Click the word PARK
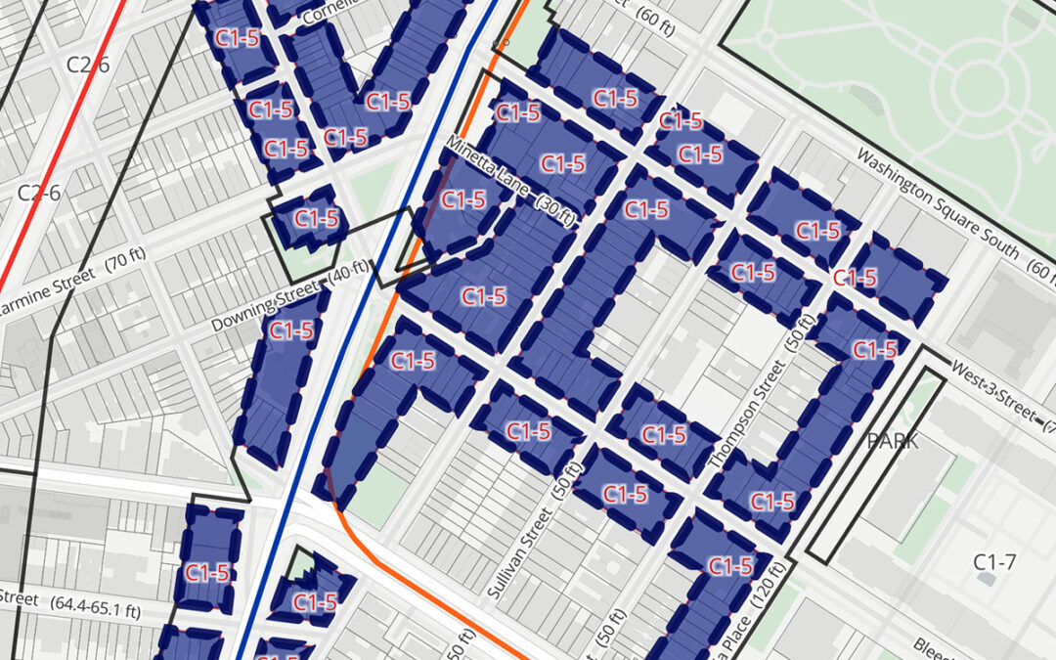point(892,441)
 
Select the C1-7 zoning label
point(995,561)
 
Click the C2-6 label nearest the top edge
point(87,65)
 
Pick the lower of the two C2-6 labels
point(39,192)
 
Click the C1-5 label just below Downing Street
point(290,330)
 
